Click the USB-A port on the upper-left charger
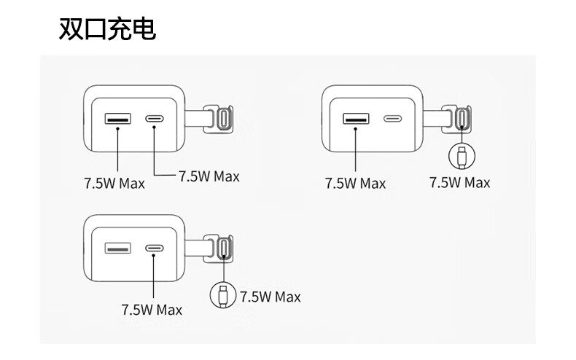tap(117, 118)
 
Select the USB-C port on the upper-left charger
tap(155, 118)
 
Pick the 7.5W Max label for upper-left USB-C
tap(209, 176)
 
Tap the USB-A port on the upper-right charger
tap(355, 118)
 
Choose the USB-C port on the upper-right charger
tap(393, 118)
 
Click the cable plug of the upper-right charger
tap(461, 117)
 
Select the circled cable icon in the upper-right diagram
tap(460, 154)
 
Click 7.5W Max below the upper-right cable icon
tap(459, 182)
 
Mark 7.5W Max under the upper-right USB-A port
tap(355, 183)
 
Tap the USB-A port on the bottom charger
tap(117, 249)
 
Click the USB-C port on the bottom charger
tap(155, 249)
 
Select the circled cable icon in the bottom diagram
tap(222, 295)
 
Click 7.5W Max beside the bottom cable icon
tap(270, 297)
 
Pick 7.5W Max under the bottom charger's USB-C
tap(152, 309)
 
